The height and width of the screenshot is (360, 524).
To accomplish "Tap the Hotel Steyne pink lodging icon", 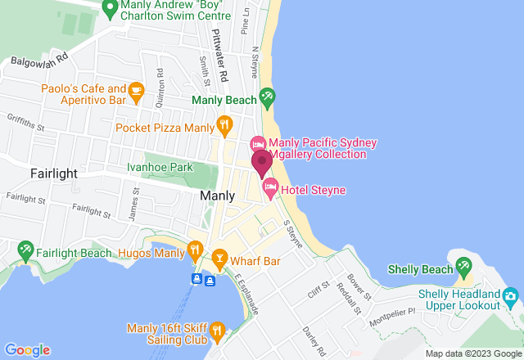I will pos(269,191).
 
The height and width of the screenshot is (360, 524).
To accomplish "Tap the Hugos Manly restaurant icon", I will pos(195,249).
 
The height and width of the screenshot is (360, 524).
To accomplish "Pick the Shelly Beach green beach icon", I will pos(464,267).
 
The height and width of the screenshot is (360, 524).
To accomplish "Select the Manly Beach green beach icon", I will pos(267,97).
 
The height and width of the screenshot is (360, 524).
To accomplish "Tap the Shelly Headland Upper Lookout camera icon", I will pos(512,295).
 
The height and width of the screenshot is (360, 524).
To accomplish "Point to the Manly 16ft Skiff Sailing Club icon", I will pos(216,331).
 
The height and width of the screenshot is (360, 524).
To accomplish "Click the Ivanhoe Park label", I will pos(159,167).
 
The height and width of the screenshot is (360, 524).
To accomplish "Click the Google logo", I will pos(27,349).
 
